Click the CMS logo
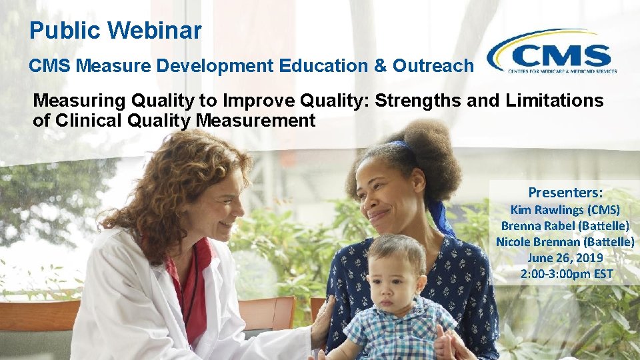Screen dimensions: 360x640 [x=552, y=52]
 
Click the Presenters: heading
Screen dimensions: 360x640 [x=565, y=193]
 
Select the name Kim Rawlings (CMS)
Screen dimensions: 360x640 [x=565, y=209]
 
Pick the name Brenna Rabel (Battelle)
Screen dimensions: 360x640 [x=565, y=225]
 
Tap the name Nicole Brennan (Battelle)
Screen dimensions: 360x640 [x=565, y=241]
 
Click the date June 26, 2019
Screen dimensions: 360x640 [x=565, y=257]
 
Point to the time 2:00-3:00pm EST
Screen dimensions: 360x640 [x=565, y=273]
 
